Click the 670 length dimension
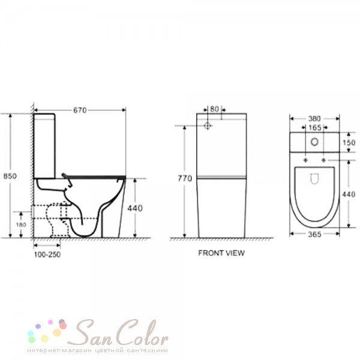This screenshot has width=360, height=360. tap(80, 110)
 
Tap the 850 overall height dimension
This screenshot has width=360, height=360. tap(10, 176)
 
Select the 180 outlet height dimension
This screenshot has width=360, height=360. tap(21, 224)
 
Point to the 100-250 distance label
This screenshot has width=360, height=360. tap(47, 254)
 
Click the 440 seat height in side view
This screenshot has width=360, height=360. tap(135, 208)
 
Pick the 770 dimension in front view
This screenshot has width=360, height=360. tap(185, 178)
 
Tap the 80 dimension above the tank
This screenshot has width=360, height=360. tap(214, 109)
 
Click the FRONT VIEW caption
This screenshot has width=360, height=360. tap(221, 253)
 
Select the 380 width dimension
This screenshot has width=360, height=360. tap(314, 119)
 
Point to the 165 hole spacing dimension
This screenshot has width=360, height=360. tap(315, 128)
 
